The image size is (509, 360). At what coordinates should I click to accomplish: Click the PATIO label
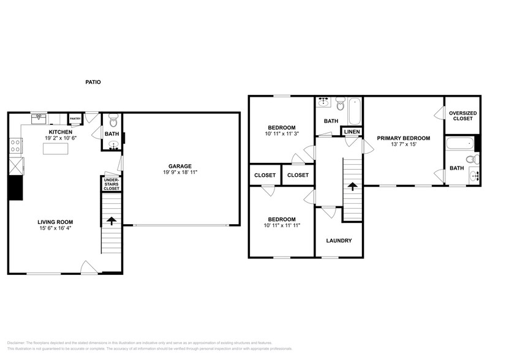[93, 82]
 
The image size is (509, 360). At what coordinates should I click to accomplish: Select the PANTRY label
[75, 119]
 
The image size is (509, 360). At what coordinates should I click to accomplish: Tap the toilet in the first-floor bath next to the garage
[112, 118]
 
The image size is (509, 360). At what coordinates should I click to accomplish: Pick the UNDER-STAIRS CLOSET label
[111, 184]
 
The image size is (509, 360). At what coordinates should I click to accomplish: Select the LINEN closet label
[352, 132]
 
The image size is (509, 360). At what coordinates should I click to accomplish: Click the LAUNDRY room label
[339, 241]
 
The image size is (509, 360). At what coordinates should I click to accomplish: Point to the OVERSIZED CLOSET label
[462, 116]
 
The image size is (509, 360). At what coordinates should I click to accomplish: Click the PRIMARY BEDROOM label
[403, 138]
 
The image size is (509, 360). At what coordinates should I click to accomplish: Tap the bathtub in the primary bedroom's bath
[459, 144]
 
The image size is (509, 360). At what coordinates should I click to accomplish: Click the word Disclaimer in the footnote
[18, 342]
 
